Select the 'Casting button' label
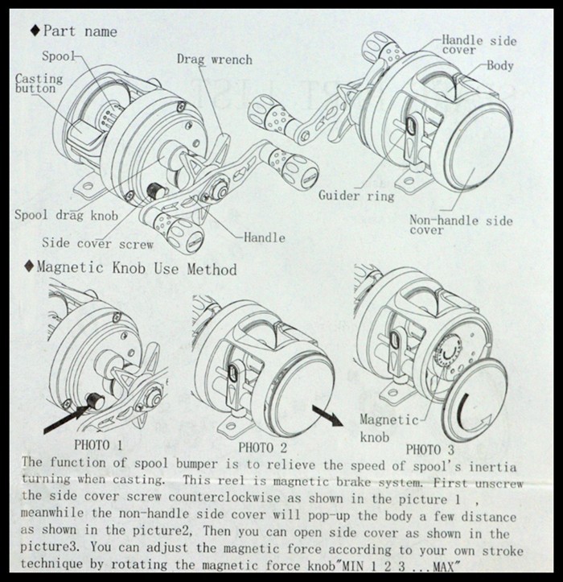pos(35,83)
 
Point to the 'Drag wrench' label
pos(215,60)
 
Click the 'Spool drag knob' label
pos(66,215)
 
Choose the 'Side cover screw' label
pos(97,242)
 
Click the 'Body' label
pos(499,65)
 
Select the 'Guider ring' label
pos(356,196)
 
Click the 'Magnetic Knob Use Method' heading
pos(137,268)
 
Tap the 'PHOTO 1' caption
pos(98,444)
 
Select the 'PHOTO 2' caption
pos(262,447)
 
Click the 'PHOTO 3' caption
pos(429,449)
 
